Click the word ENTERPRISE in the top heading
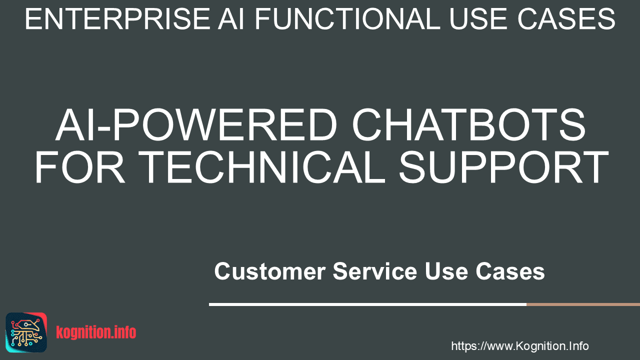tap(117, 19)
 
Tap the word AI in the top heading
tap(231, 19)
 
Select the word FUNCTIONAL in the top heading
tap(347, 19)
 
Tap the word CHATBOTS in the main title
tap(469, 125)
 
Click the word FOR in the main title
tap(80, 167)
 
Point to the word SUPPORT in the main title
tap(503, 167)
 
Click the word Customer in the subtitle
tap(270, 271)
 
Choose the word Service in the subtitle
tap(375, 271)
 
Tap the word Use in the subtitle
tap(446, 271)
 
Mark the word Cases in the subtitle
tap(510, 271)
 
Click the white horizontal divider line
tap(367, 304)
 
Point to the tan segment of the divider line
tap(583, 304)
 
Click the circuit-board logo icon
tap(26, 332)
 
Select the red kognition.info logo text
tap(96, 332)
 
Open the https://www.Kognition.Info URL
tap(520, 346)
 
